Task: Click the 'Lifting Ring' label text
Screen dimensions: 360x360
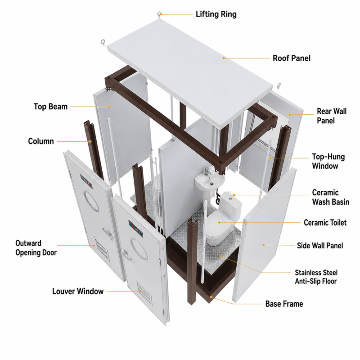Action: coord(216,14)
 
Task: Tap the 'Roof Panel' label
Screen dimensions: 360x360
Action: coord(292,58)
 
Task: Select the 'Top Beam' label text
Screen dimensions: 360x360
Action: coord(50,107)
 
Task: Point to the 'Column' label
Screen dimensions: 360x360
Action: coord(41,141)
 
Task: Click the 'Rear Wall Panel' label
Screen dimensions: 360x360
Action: coord(332,116)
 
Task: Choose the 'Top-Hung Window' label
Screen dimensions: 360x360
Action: coord(328,162)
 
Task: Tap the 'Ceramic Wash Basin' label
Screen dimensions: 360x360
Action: coord(331,197)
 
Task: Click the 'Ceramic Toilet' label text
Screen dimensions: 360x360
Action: coord(325,222)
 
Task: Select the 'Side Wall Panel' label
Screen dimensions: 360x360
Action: coord(320,245)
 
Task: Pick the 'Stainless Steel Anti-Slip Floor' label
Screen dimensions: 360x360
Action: coord(316,277)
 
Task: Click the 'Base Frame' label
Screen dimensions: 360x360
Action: coord(284,304)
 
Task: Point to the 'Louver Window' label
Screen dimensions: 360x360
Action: coord(78,291)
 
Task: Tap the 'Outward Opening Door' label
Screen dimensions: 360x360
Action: coord(36,248)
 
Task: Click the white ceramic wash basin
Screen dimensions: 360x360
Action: coord(210,181)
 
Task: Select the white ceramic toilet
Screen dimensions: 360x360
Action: coord(223,219)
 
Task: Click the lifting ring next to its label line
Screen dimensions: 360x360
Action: coord(159,14)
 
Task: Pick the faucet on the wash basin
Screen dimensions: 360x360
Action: coord(207,171)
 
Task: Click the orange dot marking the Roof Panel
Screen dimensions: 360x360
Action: coord(224,58)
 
